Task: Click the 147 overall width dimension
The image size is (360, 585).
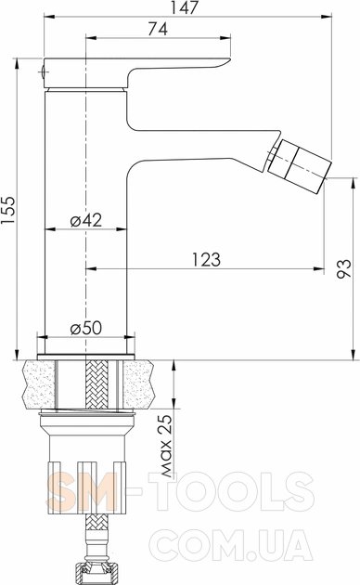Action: pos(185,7)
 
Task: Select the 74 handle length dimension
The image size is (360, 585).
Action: pos(158,29)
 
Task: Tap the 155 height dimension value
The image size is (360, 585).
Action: pos(8,210)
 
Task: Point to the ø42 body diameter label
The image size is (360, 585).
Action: pos(85,220)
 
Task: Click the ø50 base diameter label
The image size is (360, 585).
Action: pos(85,328)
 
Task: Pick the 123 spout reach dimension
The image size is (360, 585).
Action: pos(206,260)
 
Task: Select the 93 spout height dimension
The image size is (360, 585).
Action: pos(344,268)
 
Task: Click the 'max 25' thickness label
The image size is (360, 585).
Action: pos(167,446)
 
